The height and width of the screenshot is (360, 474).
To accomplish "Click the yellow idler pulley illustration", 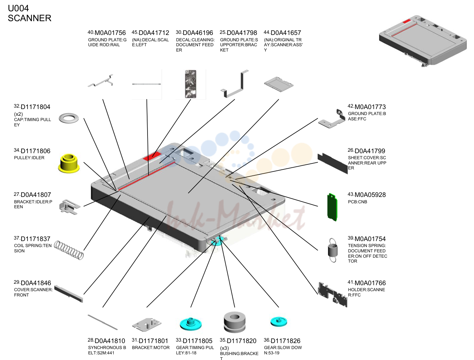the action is [69, 163].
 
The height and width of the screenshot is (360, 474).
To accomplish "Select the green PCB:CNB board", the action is [332, 207].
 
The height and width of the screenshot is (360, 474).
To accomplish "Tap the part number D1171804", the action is [35, 107].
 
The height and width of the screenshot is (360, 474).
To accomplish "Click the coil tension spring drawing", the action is [69, 250].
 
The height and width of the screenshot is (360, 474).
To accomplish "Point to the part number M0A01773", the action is [370, 107].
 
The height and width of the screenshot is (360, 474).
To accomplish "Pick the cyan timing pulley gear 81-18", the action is [191, 324].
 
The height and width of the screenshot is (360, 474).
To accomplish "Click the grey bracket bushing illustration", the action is [234, 322].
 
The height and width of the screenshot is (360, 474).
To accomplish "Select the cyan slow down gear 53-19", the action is [278, 322].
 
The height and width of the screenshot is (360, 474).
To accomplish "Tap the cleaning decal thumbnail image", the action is [191, 84].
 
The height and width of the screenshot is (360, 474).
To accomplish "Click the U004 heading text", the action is [18, 8].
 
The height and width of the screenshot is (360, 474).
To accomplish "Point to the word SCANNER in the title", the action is [30, 18].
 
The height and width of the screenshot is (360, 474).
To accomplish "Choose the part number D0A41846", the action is [36, 283].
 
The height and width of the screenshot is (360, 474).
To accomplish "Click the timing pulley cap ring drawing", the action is [69, 118].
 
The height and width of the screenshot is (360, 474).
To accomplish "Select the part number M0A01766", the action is [370, 283].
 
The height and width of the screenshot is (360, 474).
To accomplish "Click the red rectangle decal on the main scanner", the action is [152, 156].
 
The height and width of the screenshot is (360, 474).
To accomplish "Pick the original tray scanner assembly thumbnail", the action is [278, 84].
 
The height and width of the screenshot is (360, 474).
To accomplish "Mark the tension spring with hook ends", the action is [332, 250].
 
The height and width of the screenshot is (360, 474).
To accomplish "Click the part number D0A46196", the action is [198, 33].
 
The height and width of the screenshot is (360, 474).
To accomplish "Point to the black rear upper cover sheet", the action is [332, 163].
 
